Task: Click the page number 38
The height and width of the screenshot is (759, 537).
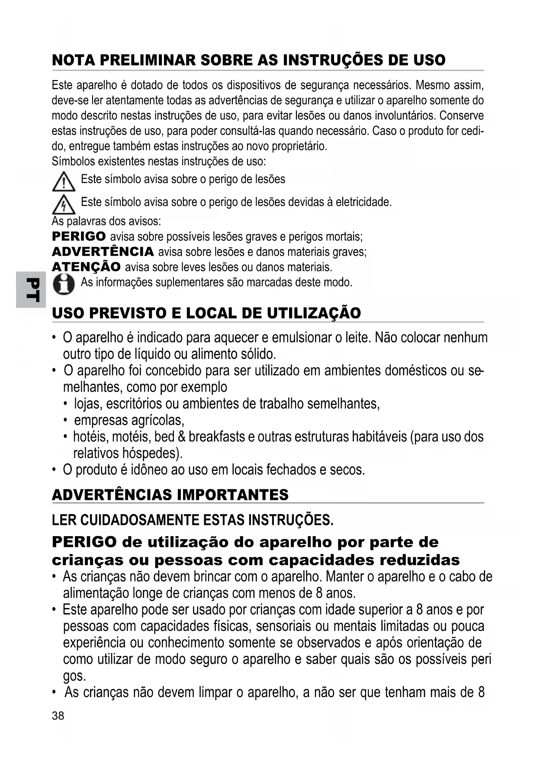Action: click(58, 716)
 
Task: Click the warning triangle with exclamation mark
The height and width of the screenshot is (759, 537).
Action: click(64, 181)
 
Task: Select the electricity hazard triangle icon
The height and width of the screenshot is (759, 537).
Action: click(64, 204)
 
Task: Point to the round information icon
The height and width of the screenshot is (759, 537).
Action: click(64, 284)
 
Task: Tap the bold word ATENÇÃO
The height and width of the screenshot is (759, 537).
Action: click(86, 267)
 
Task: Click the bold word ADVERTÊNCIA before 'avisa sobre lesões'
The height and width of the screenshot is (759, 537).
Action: click(103, 251)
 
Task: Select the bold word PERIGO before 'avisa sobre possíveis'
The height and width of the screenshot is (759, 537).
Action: click(79, 236)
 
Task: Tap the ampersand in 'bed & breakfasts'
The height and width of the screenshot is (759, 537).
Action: click(182, 437)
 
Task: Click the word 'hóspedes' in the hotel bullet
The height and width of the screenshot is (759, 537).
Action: click(151, 453)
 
